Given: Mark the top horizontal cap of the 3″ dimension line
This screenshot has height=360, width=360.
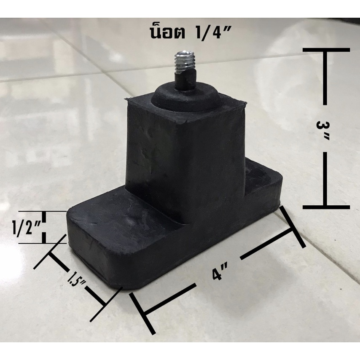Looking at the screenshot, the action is pyautogui.click(x=326, y=50).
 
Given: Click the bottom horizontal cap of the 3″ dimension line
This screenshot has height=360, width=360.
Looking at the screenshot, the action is pyautogui.click(x=326, y=207).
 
